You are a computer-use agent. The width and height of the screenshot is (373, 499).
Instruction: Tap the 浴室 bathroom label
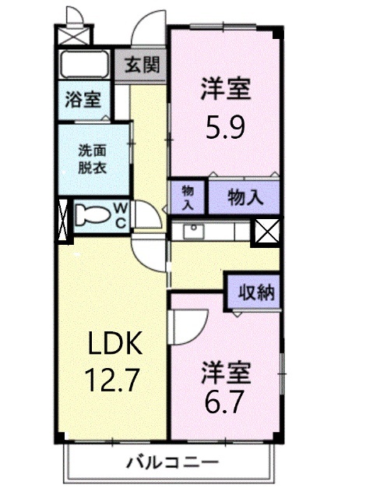pyautogui.click(x=83, y=99)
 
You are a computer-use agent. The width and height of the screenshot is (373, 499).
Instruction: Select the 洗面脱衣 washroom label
pyautogui.click(x=92, y=159)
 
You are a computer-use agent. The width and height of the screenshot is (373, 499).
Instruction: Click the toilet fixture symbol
pyautogui.click(x=93, y=214)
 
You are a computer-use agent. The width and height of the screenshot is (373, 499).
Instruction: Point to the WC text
pyautogui.click(x=121, y=214)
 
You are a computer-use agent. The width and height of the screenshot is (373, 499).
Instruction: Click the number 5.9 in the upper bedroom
pyautogui.click(x=226, y=127)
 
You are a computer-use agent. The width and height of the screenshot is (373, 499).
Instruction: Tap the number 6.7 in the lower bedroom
pyautogui.click(x=226, y=403)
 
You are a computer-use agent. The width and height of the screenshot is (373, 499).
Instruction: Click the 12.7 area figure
pyautogui.click(x=112, y=380)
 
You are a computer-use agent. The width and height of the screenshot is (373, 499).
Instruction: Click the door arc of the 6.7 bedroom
pyautogui.click(x=189, y=320)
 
